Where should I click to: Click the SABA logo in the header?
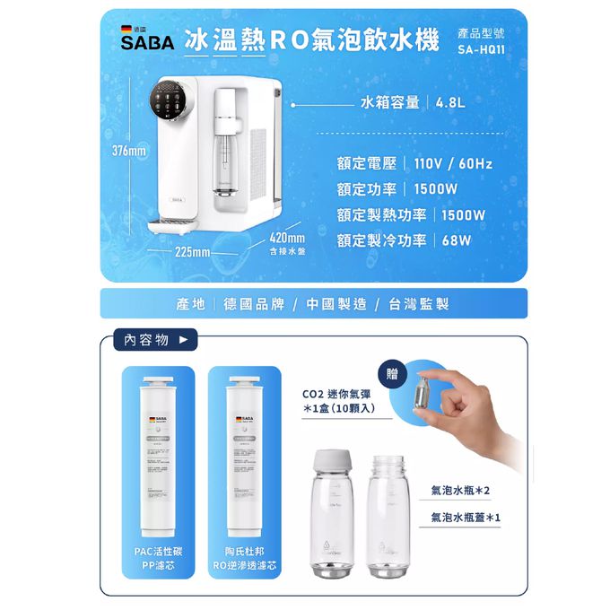click(x=145, y=42)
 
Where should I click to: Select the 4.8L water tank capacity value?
click(x=450, y=102)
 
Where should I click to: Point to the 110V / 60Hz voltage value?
click(x=451, y=164)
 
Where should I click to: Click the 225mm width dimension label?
click(x=192, y=251)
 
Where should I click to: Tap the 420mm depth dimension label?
click(x=287, y=238)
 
